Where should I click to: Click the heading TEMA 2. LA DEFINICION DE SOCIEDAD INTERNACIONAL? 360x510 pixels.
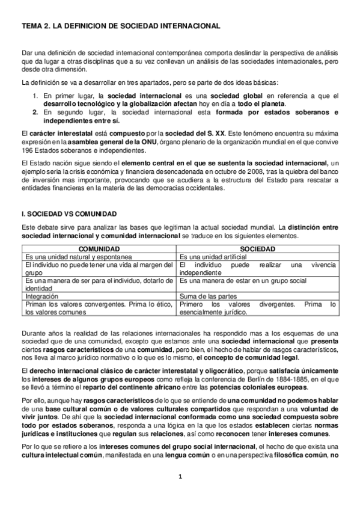click(120, 26)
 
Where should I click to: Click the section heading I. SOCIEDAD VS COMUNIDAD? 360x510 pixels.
click(69, 214)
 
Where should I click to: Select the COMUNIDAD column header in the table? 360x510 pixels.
click(99, 248)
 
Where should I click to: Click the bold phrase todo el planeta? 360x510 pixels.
click(264, 104)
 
